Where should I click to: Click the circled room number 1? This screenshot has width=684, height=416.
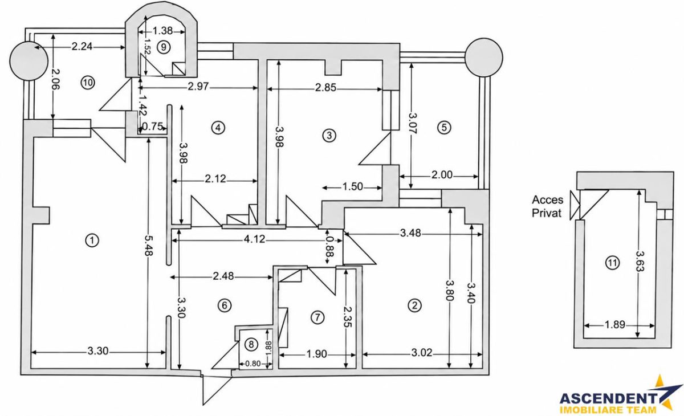[x=92, y=240]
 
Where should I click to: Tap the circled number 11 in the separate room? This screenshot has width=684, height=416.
[x=613, y=263]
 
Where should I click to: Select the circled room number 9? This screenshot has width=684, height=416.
[x=164, y=47]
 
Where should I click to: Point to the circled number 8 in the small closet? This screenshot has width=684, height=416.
[x=251, y=344]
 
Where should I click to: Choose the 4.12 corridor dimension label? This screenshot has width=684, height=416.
[x=254, y=239]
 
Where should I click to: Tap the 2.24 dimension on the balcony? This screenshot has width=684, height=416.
[x=82, y=47]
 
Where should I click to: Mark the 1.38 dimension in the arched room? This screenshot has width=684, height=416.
[x=162, y=31]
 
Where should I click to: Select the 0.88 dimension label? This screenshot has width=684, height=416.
[x=329, y=247]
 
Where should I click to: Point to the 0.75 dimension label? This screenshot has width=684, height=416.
[x=152, y=127]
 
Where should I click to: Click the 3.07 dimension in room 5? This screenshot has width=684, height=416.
[x=413, y=123]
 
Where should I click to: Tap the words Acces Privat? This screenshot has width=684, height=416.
[x=547, y=206]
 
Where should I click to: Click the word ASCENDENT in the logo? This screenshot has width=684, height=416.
[x=608, y=398]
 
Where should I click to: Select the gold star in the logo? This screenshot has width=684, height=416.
[x=662, y=394]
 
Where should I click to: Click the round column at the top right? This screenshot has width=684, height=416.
[x=484, y=57]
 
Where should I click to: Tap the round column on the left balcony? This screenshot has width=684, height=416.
[x=28, y=61]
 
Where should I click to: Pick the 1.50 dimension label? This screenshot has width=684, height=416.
[x=353, y=186]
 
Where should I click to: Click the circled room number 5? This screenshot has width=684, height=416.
[x=444, y=127]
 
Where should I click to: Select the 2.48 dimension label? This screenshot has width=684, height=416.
[x=223, y=276]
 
